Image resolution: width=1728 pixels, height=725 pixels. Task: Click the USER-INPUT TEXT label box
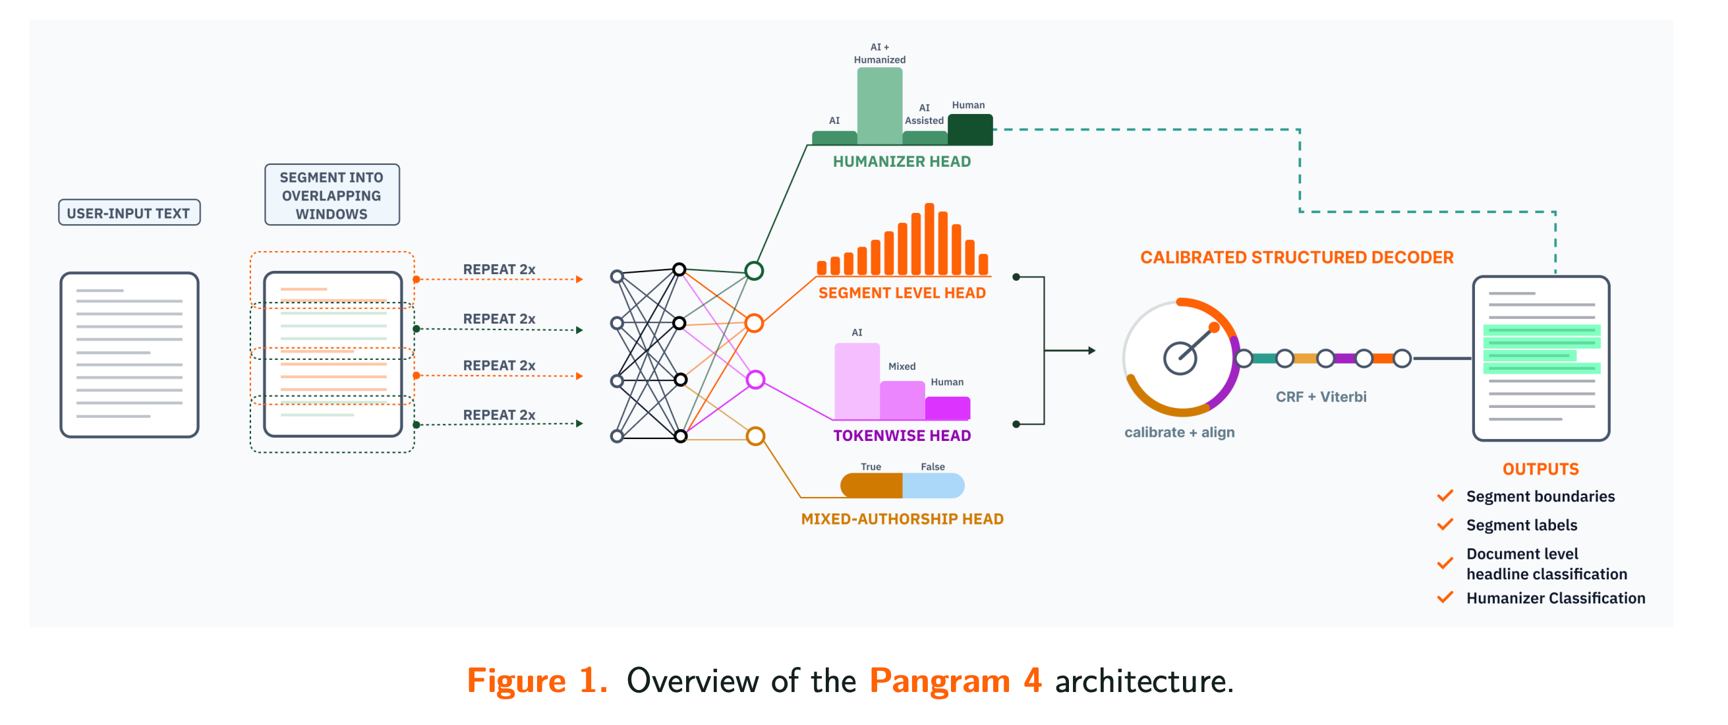pos(129,213)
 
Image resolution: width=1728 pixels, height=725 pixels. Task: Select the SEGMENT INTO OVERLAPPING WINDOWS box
pos(332,194)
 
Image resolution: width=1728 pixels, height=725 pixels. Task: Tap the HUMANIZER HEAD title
pos(902,161)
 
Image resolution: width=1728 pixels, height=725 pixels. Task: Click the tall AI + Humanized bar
pos(879,105)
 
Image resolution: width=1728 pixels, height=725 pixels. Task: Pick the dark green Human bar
pos(970,129)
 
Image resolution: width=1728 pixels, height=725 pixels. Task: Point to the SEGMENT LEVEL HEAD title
pos(902,293)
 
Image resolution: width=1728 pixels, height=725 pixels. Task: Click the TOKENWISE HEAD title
pos(902,436)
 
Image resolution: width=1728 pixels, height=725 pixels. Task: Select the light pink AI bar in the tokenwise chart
pos(857,381)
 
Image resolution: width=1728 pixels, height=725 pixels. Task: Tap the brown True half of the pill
pos(871,486)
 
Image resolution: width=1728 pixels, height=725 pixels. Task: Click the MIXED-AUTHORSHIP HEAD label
pos(902,519)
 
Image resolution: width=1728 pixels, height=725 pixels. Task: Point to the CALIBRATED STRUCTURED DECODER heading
pos(1296,258)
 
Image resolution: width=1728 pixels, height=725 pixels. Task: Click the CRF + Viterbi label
pos(1320,397)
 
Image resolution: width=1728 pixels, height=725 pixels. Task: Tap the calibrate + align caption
pos(1178,432)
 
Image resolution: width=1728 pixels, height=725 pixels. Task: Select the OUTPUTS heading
pos(1540,469)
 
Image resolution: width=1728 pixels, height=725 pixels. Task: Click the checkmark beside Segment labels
pos(1445,525)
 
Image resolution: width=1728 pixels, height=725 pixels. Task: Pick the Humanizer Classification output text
pos(1555,598)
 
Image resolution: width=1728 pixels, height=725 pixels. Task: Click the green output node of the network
pos(754,271)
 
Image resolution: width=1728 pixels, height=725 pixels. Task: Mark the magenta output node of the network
pos(755,380)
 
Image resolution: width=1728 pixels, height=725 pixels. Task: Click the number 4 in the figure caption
pos(1032,681)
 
